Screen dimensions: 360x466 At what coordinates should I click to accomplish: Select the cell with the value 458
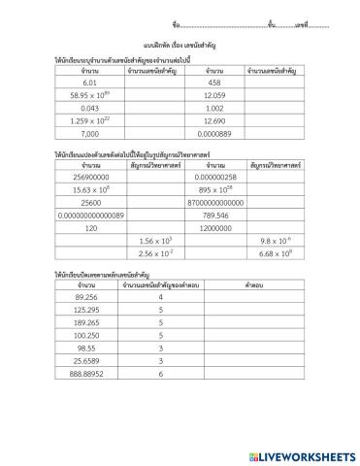(215, 83)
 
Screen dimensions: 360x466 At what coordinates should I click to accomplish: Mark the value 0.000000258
(215, 176)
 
